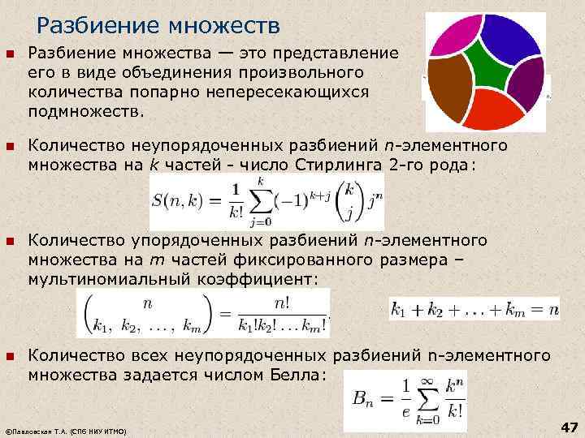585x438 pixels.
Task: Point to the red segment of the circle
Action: pyautogui.click(x=493, y=110)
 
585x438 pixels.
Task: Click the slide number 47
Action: pyautogui.click(x=569, y=427)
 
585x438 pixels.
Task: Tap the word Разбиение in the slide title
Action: pyautogui.click(x=98, y=25)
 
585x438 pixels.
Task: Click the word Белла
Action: pyautogui.click(x=295, y=375)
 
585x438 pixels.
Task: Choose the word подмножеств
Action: pyautogui.click(x=86, y=111)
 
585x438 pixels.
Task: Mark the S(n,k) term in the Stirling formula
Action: pyautogui.click(x=177, y=201)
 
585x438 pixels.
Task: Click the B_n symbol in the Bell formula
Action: pyautogui.click(x=362, y=399)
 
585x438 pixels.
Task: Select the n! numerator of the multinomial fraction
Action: pyautogui.click(x=282, y=304)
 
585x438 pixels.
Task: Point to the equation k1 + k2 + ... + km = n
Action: pyautogui.click(x=474, y=310)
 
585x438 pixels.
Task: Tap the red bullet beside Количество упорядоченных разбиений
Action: pyautogui.click(x=11, y=242)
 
